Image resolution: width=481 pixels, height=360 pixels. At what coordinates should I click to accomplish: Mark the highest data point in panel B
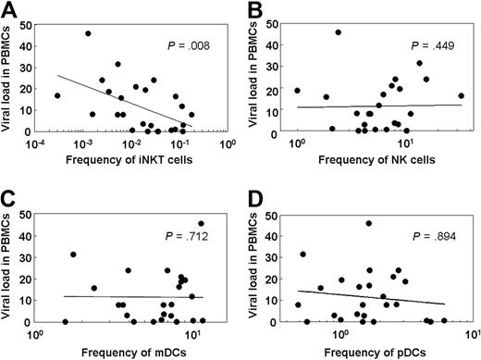click(339, 32)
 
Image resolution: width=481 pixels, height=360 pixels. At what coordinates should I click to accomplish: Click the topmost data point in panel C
click(201, 223)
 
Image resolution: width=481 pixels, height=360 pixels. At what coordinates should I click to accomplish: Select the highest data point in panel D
click(368, 223)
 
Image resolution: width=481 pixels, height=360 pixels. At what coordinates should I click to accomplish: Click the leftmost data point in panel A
click(57, 95)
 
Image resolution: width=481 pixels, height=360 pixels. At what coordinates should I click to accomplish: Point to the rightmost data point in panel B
click(461, 95)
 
